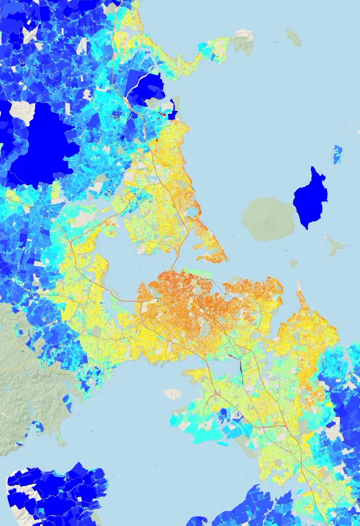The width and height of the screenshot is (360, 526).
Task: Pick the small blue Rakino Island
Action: pyautogui.click(x=337, y=154)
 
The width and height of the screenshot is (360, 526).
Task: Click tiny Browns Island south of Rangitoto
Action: pyautogui.click(x=293, y=263)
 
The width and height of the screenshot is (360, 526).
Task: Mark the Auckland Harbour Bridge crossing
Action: pyautogui.click(x=173, y=265)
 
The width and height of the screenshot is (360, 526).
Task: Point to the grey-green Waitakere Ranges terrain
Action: pyautogui.click(x=22, y=373)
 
